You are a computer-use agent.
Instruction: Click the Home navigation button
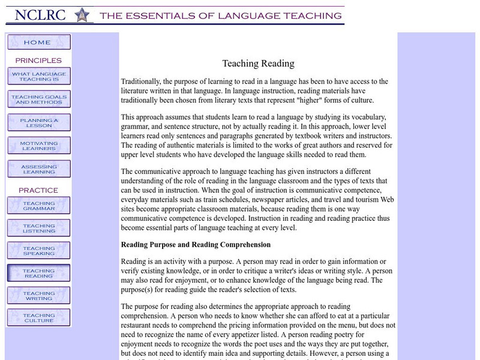[38, 42]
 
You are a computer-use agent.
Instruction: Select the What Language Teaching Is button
[38, 76]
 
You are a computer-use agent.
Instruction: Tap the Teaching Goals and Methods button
[38, 99]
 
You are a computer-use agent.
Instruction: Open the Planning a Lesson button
[38, 122]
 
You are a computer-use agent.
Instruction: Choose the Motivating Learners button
[38, 145]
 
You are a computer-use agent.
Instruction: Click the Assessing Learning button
[38, 169]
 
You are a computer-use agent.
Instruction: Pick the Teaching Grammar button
[38, 205]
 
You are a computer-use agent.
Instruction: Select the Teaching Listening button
[38, 228]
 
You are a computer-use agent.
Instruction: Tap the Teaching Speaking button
[38, 251]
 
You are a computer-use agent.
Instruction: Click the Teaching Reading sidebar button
[38, 273]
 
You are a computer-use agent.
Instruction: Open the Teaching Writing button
[38, 295]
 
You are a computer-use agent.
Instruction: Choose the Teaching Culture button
[38, 318]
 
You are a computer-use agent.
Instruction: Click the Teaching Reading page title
[258, 63]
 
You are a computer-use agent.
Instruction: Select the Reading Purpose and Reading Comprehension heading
[196, 245]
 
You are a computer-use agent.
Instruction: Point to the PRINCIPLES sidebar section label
[38, 61]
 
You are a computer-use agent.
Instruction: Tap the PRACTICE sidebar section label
[38, 190]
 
